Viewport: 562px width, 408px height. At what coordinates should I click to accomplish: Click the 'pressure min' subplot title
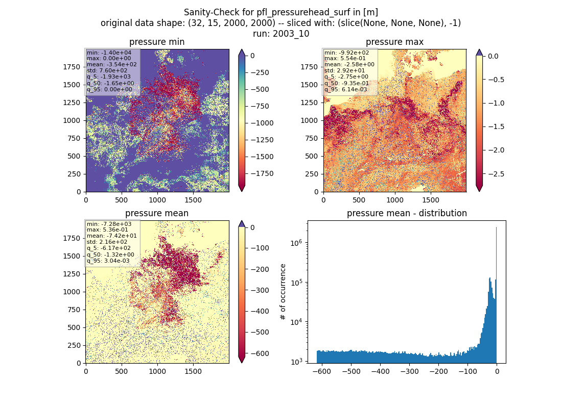pos(157,42)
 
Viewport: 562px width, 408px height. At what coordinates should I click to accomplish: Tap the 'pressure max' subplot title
pos(394,42)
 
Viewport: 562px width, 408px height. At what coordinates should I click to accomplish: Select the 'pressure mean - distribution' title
pos(407,213)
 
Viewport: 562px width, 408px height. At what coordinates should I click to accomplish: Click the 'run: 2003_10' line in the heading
pos(280,34)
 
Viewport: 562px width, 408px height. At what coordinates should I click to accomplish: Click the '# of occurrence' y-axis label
pos(283,292)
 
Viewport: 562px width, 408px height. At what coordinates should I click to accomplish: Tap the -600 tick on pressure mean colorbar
pos(260,353)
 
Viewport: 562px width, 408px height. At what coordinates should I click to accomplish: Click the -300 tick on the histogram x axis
pos(410,371)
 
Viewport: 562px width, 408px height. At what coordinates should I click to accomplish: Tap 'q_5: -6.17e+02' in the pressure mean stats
pos(109,248)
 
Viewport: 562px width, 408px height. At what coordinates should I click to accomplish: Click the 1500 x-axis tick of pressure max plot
pos(431,200)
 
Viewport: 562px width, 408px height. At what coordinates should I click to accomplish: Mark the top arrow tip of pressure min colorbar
pos(242,50)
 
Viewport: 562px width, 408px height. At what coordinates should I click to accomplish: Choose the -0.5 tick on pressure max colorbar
pos(496,80)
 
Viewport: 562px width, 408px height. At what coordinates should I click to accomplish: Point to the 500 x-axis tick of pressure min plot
pos(122,200)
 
